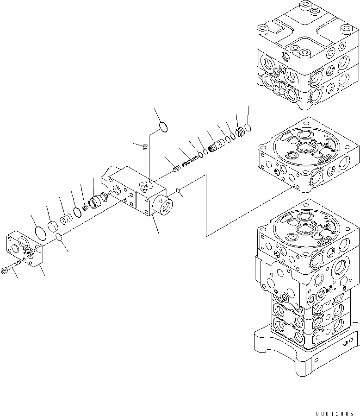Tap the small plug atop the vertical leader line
[x=145, y=147]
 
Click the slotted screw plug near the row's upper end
[x=240, y=133]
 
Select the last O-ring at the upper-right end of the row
[x=248, y=126]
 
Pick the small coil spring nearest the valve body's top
[x=176, y=168]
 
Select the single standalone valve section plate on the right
[x=308, y=162]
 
